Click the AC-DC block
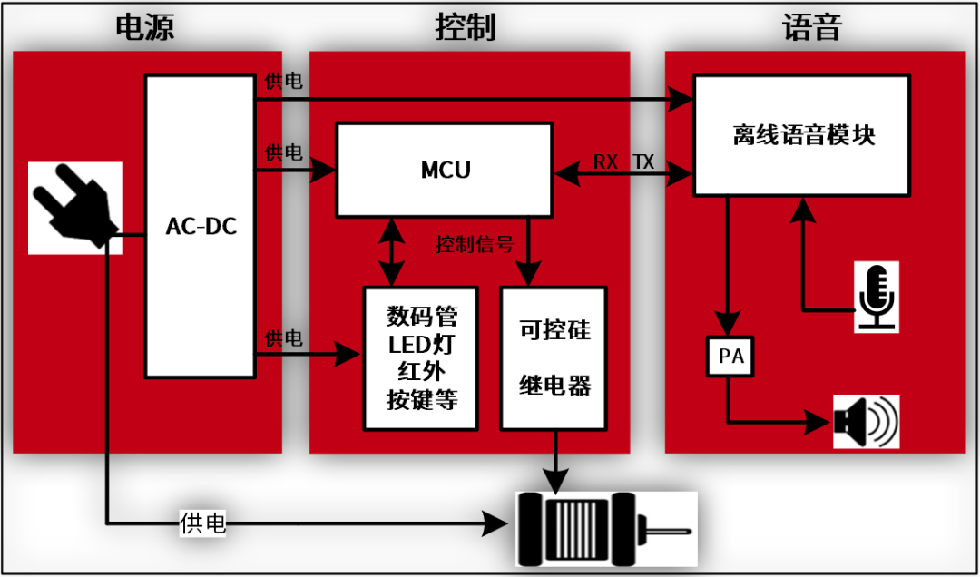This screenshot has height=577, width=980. coord(201,226)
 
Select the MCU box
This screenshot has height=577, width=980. coord(445,170)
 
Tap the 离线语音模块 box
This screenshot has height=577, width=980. coord(802,135)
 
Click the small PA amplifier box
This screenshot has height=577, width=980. coord(730,357)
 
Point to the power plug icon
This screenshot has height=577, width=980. coord(75,208)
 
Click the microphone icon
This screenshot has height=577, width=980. coord(877,296)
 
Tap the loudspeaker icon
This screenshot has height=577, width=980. coord(866,421)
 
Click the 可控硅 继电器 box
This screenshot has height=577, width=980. coord(554,357)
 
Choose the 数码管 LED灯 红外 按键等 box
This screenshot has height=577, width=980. coord(422,357)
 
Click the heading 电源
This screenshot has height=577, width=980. coord(145,27)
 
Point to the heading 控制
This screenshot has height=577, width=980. coord(465,27)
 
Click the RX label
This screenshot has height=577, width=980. coord(606,161)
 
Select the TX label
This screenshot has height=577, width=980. coord(643,161)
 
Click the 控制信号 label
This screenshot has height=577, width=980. coord(475,245)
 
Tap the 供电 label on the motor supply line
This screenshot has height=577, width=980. coord(203,523)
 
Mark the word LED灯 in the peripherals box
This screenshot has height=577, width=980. coord(422,345)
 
